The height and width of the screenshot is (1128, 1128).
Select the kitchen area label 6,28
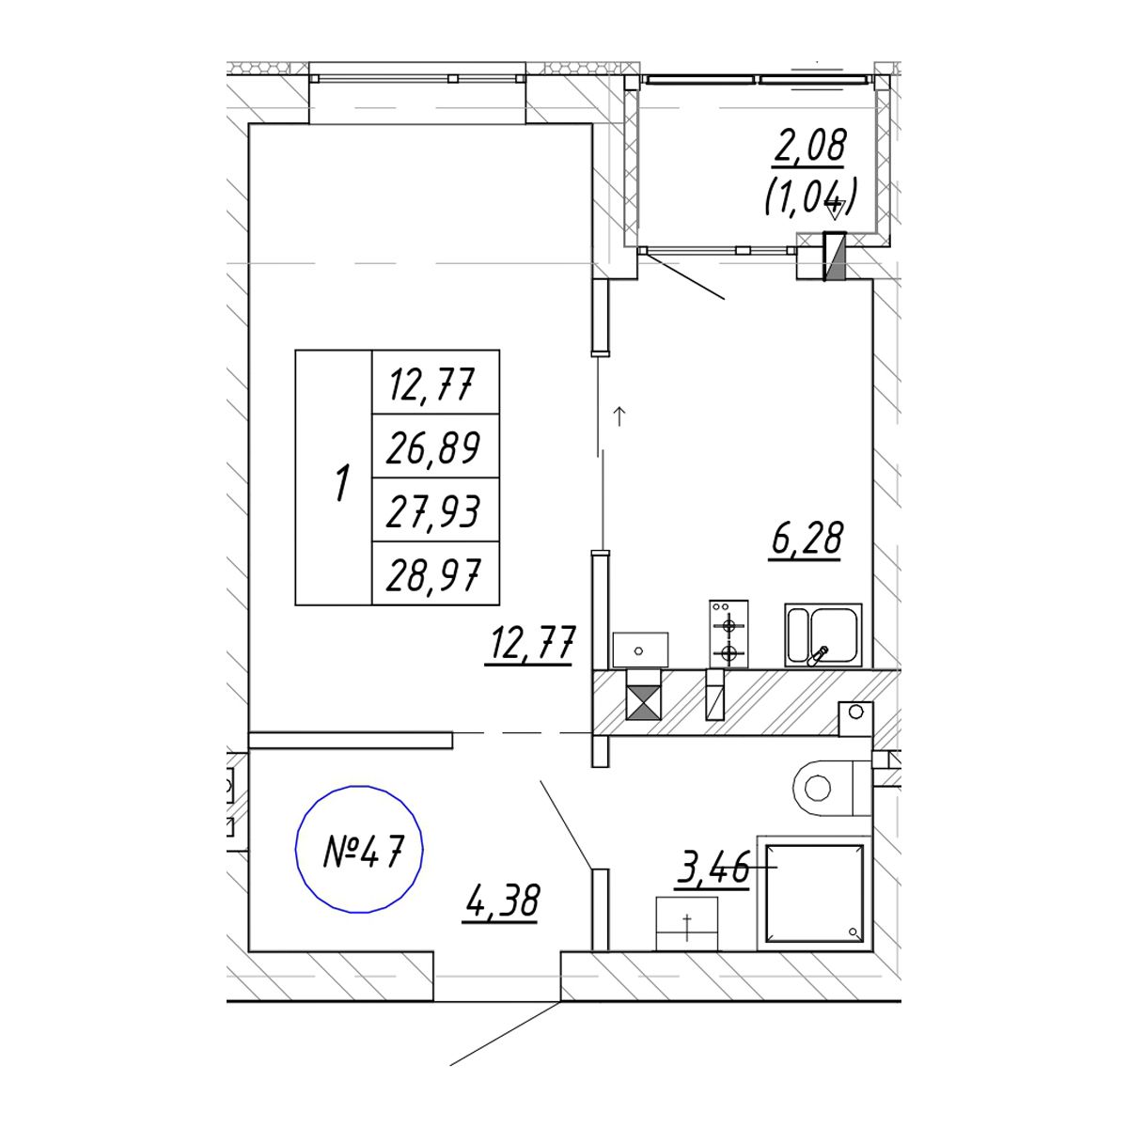tap(807, 539)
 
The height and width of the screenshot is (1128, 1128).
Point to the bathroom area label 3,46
tap(713, 868)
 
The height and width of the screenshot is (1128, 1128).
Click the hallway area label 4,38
tap(502, 901)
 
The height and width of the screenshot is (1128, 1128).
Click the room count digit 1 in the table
tap(342, 482)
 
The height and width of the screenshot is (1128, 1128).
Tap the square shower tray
tap(814, 893)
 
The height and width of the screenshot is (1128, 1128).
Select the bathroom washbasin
tap(686, 924)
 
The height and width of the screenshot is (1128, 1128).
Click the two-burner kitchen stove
tap(728, 634)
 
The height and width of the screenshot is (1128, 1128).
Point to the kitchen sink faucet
tap(819, 655)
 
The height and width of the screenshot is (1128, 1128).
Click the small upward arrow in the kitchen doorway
tap(619, 416)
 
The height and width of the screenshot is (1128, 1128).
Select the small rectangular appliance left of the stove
tap(640, 650)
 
